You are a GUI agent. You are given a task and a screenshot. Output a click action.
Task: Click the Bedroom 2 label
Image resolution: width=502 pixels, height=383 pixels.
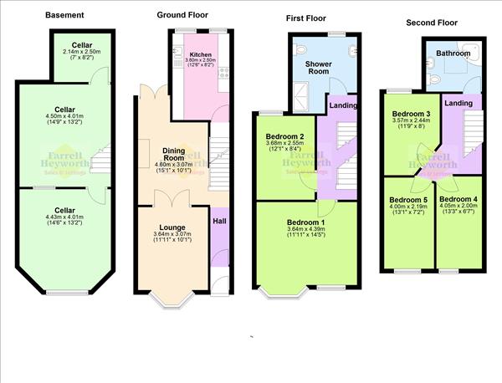click(x=284, y=136)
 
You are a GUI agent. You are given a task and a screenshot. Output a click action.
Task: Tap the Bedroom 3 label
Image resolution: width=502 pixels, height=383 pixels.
click(x=410, y=114)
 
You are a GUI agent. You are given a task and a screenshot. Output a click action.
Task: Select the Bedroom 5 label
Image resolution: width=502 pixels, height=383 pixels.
click(x=407, y=200)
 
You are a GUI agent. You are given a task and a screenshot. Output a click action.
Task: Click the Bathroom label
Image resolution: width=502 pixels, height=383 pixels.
click(x=453, y=54)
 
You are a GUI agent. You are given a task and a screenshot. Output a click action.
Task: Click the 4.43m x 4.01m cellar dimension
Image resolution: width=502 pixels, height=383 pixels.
click(x=64, y=220)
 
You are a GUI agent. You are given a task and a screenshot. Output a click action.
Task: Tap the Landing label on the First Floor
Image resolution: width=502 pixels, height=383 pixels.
click(x=343, y=105)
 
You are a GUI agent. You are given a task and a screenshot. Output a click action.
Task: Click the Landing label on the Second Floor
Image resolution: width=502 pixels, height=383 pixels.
click(x=458, y=102)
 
